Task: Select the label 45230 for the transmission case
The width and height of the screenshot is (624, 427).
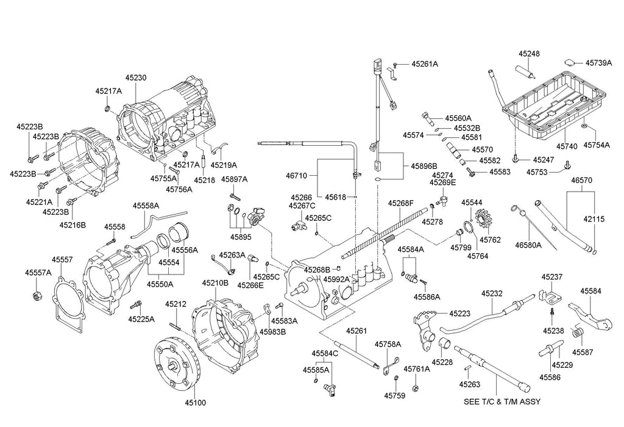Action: click(x=136, y=78)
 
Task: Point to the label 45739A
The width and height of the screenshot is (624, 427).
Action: click(x=599, y=62)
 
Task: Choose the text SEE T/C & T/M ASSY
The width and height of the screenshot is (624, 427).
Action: click(x=502, y=402)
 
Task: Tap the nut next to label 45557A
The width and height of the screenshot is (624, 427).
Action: click(x=36, y=296)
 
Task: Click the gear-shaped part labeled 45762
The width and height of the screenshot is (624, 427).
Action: click(x=485, y=218)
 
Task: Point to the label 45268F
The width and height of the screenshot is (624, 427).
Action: click(x=402, y=203)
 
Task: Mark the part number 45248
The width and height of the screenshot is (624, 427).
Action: click(x=529, y=54)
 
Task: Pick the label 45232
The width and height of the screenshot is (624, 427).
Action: click(x=492, y=293)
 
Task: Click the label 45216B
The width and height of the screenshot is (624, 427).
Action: click(x=73, y=224)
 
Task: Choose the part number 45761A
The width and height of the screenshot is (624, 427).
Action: click(x=417, y=369)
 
